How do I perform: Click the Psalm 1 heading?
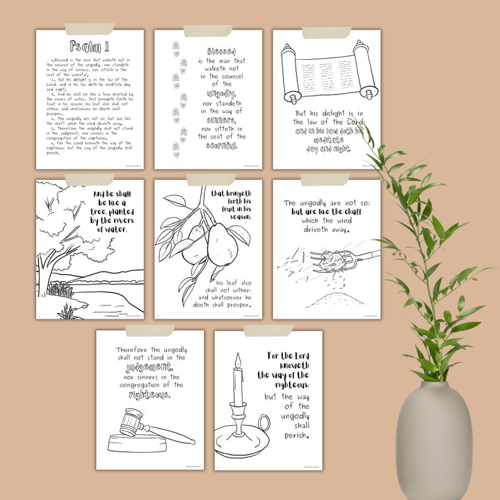pyautogui.click(x=89, y=46)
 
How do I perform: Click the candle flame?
pyautogui.click(x=237, y=360)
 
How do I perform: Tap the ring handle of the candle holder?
pyautogui.click(x=264, y=423)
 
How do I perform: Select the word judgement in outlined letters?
pyautogui.click(x=149, y=367)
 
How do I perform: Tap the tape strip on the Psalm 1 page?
pyautogui.click(x=89, y=29)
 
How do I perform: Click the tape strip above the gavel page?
pyautogui.click(x=149, y=331)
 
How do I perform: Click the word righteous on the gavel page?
pyautogui.click(x=149, y=395)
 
